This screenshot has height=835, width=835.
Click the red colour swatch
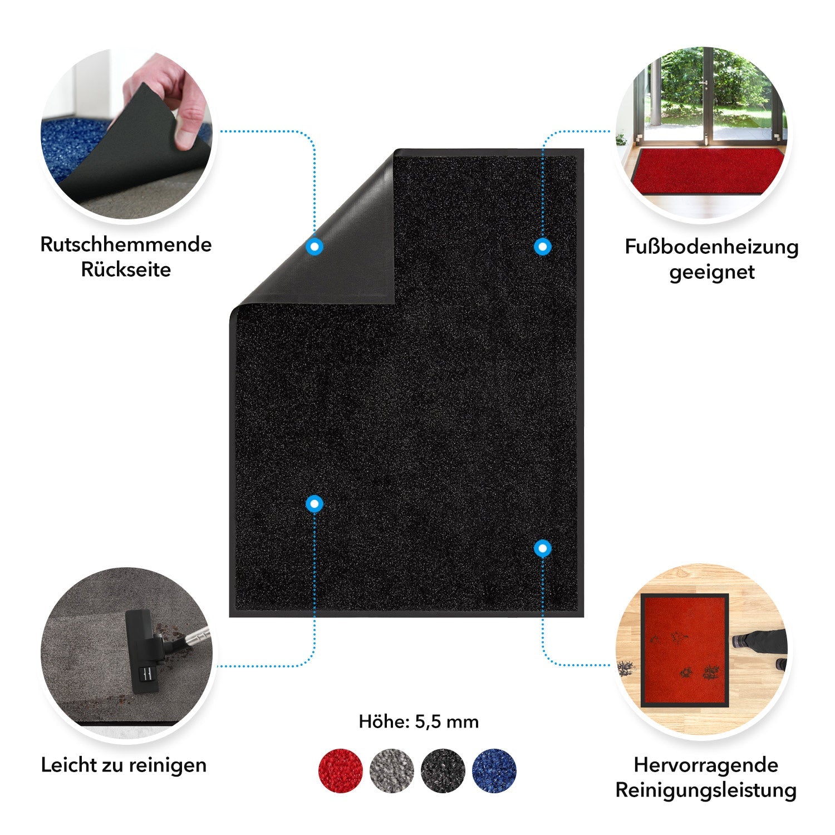tap(340, 770)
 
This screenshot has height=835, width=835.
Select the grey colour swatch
tap(391, 770)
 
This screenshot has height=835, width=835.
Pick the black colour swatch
tap(443, 770)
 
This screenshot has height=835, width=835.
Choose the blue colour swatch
tap(494, 770)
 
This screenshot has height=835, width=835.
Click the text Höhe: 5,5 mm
tap(419, 722)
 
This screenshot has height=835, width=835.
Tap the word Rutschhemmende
tap(126, 245)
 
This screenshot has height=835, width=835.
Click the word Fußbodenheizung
tap(711, 247)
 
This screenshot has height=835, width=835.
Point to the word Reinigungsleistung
tap(706, 790)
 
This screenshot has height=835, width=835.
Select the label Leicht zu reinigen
tap(124, 765)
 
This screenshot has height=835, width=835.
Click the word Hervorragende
tap(706, 765)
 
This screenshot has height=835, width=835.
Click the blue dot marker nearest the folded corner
tap(315, 247)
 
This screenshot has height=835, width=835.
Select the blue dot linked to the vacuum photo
tap(315, 504)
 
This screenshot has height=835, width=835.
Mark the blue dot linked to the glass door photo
tap(542, 247)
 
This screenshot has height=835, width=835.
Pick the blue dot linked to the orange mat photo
tap(542, 549)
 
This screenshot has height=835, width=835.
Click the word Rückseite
tap(126, 270)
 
